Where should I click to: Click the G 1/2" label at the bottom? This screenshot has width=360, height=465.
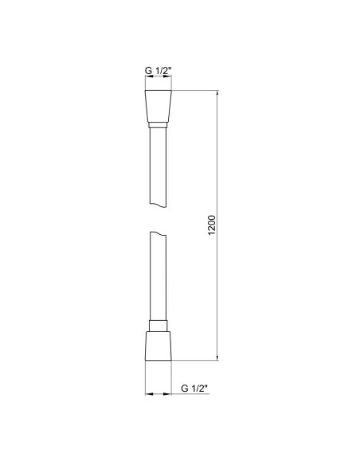click(x=194, y=388)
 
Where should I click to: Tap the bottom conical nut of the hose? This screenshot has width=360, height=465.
click(x=158, y=344)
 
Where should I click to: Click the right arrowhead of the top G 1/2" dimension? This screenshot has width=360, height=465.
click(x=168, y=80)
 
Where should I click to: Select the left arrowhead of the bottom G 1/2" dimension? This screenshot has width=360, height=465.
click(x=147, y=394)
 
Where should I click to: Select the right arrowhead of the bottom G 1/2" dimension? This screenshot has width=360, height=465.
click(x=170, y=394)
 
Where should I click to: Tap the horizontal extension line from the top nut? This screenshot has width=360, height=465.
click(x=195, y=92)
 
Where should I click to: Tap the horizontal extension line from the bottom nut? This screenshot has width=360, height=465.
click(x=195, y=360)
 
